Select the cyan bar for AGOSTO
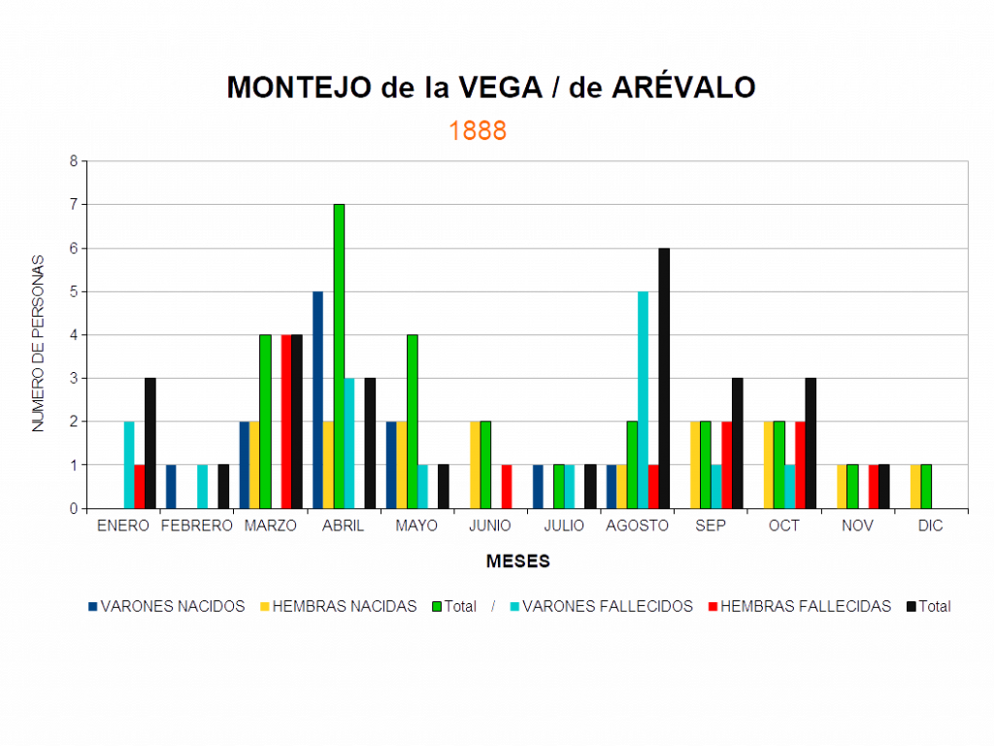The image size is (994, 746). (643, 399)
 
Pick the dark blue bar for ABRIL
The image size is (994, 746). (317, 399)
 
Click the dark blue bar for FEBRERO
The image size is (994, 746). (171, 486)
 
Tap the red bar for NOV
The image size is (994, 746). (874, 486)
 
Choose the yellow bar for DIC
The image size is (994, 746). (914, 486)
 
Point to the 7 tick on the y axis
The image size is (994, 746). (74, 205)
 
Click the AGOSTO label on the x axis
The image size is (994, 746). (638, 526)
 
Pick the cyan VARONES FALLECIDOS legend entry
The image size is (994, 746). (607, 606)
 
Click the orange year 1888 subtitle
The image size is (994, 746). (478, 131)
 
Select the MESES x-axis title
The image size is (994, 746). (519, 561)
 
